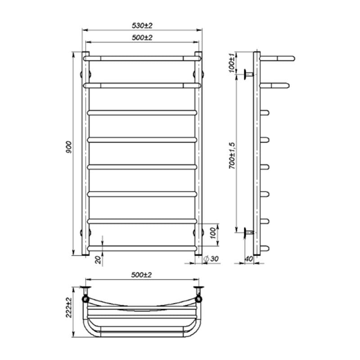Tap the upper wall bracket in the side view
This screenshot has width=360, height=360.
click(248, 74)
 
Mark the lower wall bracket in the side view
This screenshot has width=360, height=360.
click(248, 232)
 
